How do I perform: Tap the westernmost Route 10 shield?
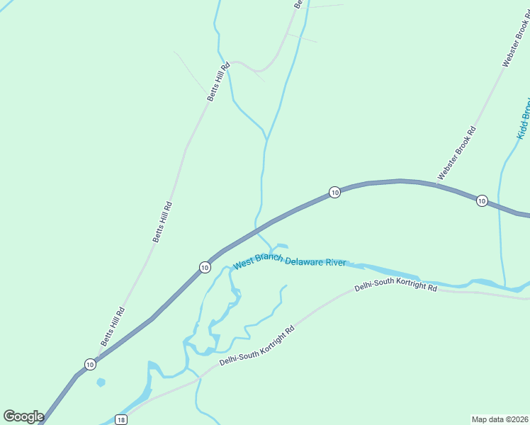tap(90, 364)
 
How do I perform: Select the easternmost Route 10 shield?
tap(482, 200)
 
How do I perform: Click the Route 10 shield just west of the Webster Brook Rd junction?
tap(334, 192)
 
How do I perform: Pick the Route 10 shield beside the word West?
tap(205, 267)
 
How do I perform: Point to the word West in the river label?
tap(244, 263)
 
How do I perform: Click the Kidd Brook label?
tap(523, 118)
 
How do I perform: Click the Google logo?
tap(23, 416)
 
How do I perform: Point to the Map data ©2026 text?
tap(500, 419)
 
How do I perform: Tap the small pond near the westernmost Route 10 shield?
tap(101, 382)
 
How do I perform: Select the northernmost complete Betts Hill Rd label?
tap(219, 83)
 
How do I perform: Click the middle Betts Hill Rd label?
tap(163, 222)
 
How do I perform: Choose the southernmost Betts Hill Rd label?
tap(112, 327)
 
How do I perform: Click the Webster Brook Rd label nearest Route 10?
tap(456, 152)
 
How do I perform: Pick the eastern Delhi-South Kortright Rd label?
tap(396, 287)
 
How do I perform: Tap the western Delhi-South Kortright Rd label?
tap(256, 346)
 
